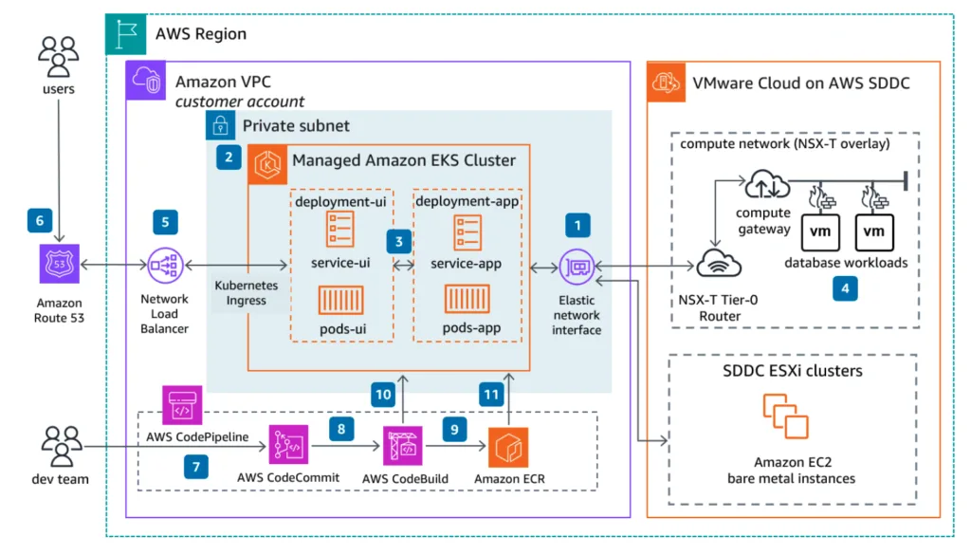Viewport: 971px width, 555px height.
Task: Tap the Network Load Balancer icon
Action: click(166, 265)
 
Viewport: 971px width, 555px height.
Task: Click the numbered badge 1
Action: click(577, 225)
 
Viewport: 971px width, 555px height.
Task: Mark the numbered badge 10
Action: click(382, 394)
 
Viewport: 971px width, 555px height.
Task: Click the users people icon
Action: click(58, 57)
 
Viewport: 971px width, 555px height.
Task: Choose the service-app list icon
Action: click(467, 231)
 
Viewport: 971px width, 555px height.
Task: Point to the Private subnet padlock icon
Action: click(221, 126)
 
